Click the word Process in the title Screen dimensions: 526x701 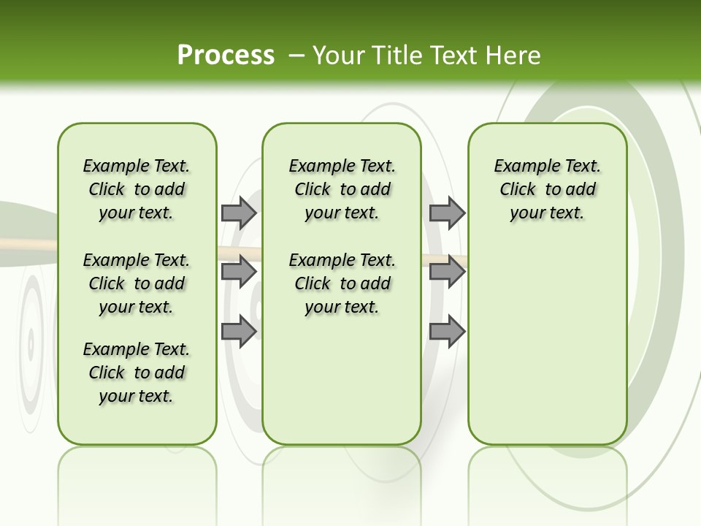coord(226,56)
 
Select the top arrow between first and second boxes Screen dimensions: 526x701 coord(238,213)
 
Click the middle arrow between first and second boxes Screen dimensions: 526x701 coord(238,272)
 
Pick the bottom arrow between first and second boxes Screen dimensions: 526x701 coord(238,331)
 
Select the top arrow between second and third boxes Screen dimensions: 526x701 coord(447,213)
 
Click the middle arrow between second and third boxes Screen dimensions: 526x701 coord(447,272)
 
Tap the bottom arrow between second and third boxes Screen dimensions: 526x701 coord(447,331)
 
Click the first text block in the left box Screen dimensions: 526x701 coord(137,189)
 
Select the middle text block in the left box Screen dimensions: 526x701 coord(137,283)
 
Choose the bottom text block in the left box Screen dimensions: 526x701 coord(137,373)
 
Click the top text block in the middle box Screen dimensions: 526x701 coord(342,189)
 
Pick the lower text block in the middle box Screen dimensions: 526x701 coord(342,283)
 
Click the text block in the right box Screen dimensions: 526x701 coord(547,189)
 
